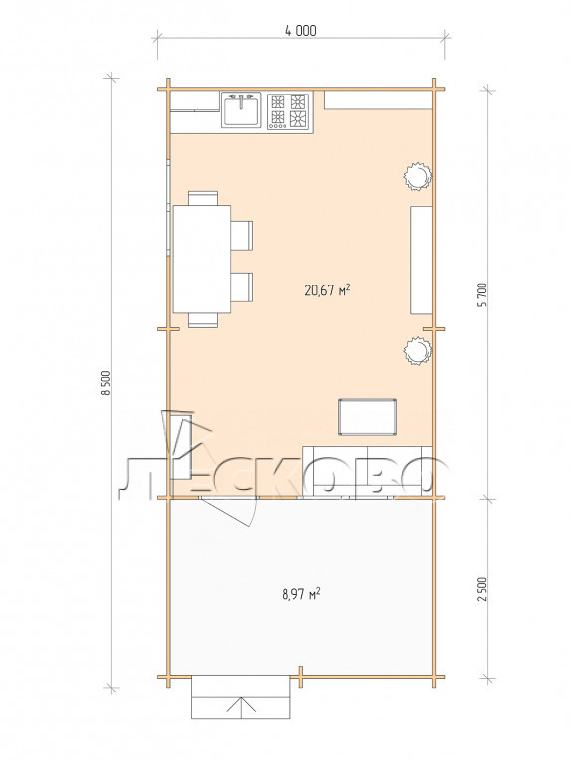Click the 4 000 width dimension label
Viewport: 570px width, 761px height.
click(301, 31)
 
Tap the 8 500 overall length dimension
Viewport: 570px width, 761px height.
click(106, 383)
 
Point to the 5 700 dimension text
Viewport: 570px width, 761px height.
click(482, 294)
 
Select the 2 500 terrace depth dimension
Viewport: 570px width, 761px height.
click(482, 589)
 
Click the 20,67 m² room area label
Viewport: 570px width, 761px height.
click(327, 290)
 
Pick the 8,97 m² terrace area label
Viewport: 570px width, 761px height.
click(301, 593)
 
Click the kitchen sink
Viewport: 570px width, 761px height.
click(241, 110)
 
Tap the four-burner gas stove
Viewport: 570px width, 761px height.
click(287, 111)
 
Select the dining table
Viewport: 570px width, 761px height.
click(202, 260)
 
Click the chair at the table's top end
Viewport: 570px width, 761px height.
click(203, 198)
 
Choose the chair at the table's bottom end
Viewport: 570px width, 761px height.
click(203, 320)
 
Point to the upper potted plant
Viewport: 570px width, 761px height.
click(418, 176)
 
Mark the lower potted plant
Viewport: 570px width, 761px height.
click(418, 351)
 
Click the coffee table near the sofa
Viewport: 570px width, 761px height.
click(367, 417)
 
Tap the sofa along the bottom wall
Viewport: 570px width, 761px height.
click(367, 472)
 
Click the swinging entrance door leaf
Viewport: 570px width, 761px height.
click(228, 513)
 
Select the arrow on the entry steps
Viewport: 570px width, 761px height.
click(241, 707)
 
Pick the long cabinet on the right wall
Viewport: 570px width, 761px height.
click(422, 261)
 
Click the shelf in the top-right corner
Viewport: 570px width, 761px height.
click(378, 100)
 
